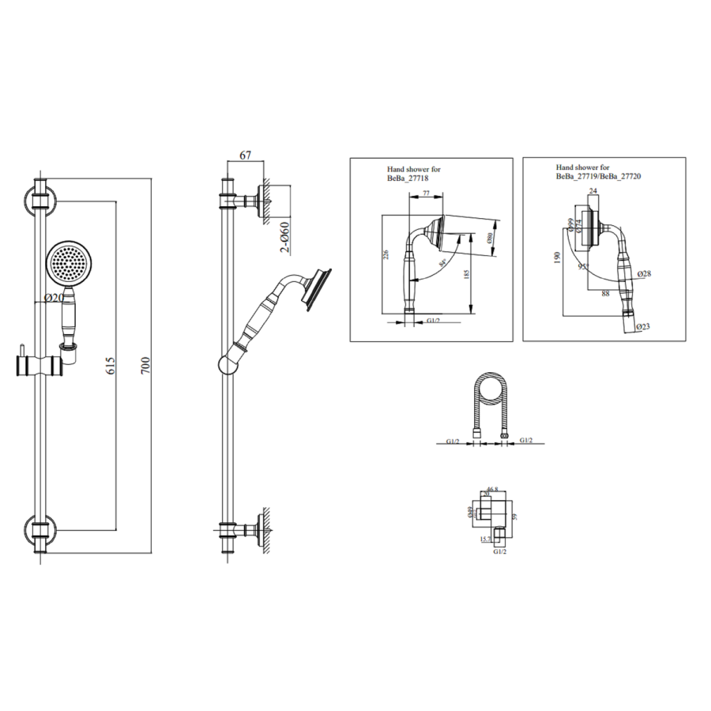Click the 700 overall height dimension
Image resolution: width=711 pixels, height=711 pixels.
[145, 365]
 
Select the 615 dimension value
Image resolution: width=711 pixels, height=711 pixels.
[111, 365]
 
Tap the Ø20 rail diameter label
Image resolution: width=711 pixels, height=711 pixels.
[55, 299]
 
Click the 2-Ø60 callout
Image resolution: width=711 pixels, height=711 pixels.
[285, 237]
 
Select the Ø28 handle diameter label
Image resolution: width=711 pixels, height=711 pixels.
[642, 273]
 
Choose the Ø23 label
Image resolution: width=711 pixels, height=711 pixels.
[643, 326]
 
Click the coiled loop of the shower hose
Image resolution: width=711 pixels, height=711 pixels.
[489, 394]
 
